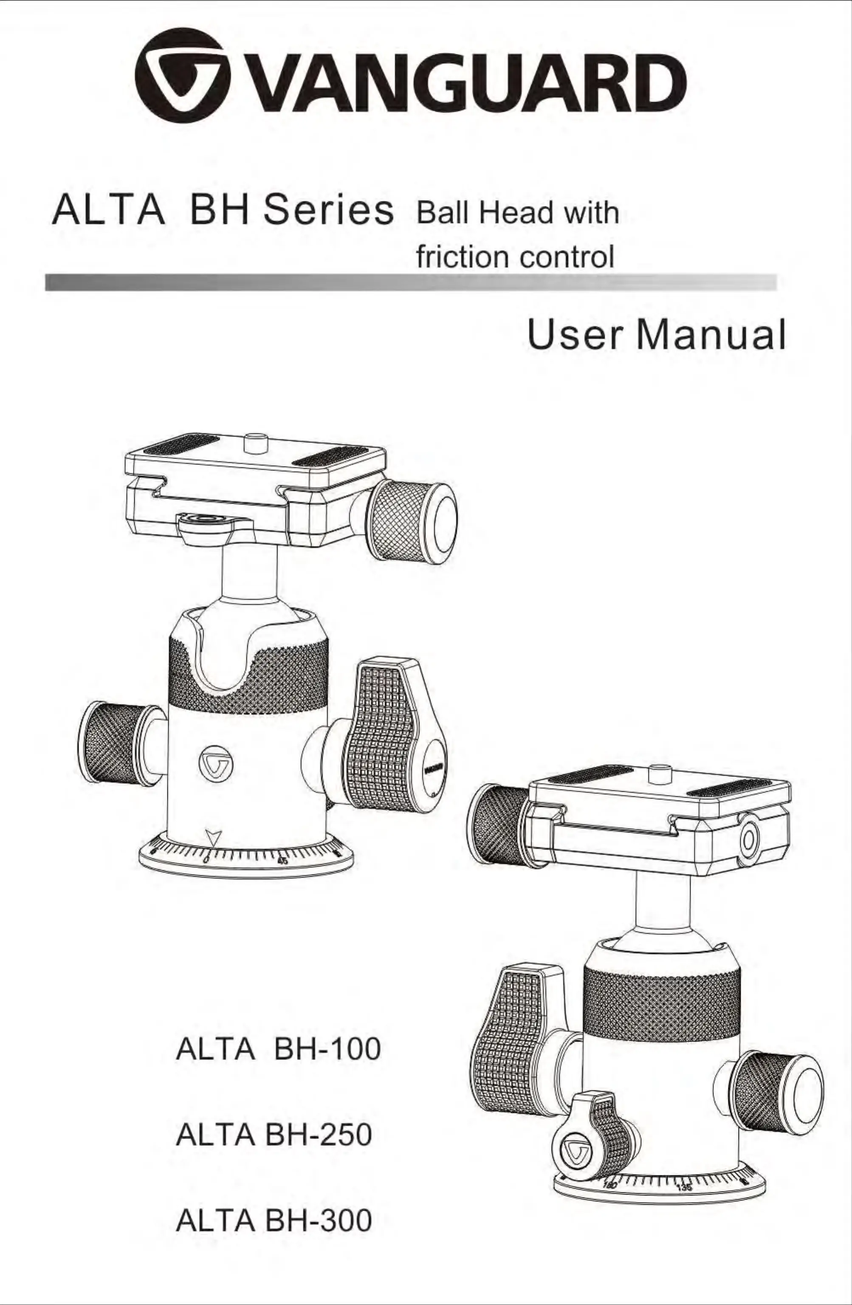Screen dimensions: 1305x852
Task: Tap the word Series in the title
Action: (328, 211)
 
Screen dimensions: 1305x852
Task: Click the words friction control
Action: (514, 256)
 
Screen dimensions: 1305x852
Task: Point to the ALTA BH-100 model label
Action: (278, 1050)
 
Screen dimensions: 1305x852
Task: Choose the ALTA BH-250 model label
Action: (274, 1135)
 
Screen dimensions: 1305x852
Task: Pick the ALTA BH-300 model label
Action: (274, 1220)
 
